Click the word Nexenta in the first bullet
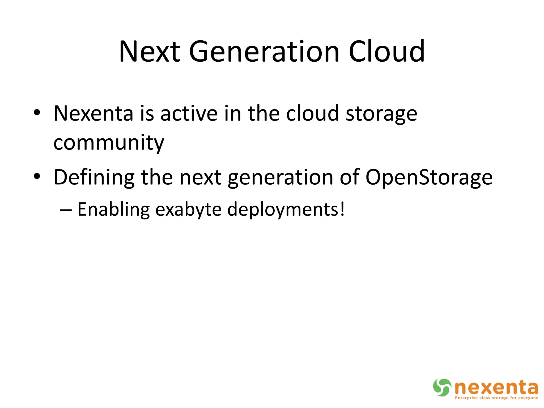[93, 113]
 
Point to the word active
[189, 113]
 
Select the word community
[109, 143]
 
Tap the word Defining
[94, 177]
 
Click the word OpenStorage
[429, 177]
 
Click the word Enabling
[113, 210]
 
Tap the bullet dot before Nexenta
[37, 113]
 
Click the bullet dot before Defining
[37, 176]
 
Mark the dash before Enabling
[66, 210]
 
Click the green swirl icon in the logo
[442, 387]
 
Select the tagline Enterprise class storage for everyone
[496, 398]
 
